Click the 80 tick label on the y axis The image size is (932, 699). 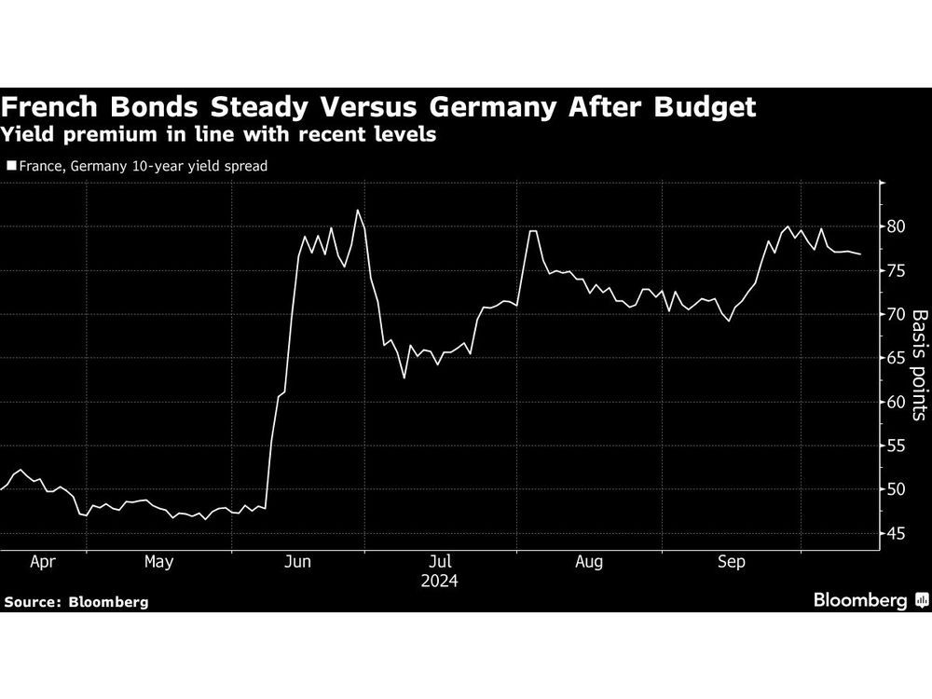coord(897,226)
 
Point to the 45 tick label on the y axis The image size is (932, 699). coord(897,534)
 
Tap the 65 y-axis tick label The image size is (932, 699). coord(897,358)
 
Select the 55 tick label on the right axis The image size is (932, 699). coord(897,445)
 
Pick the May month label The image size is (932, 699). coord(158,562)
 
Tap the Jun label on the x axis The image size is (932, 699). coord(298,562)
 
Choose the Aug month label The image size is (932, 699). coord(589,562)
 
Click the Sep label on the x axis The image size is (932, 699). coord(733,562)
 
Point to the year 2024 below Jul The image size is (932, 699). coord(441,580)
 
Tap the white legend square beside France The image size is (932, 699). coord(10,167)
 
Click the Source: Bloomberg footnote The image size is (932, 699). coord(75,602)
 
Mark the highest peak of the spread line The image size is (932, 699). coord(358,211)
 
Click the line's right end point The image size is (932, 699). coord(860,254)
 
